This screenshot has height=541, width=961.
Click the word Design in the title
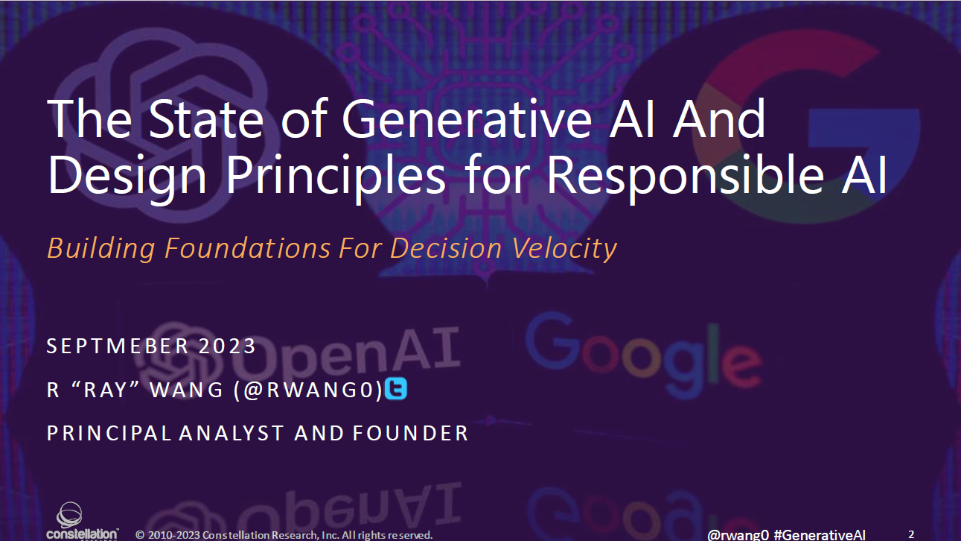[x=130, y=176]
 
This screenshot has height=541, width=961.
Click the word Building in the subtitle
[x=102, y=248]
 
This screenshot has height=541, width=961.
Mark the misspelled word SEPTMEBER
[x=116, y=347]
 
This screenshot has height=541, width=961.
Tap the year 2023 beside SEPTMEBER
[x=227, y=347]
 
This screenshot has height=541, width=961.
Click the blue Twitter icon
[x=396, y=389]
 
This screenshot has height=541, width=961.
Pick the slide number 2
[x=911, y=534]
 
